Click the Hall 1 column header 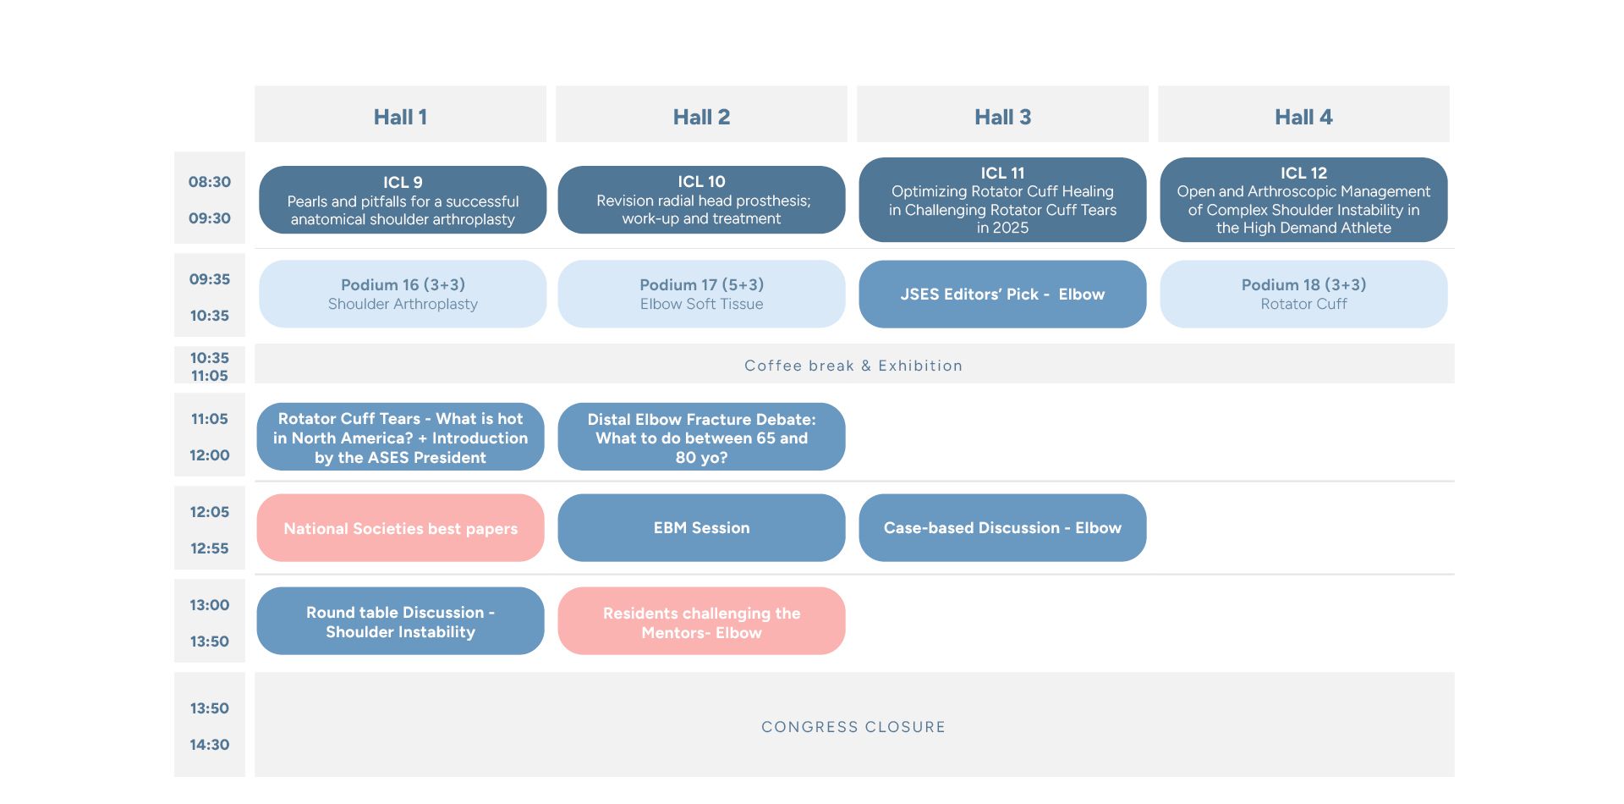point(400,114)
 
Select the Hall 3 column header point(1002,114)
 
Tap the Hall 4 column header point(1303,114)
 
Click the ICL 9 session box point(403,200)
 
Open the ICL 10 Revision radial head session point(701,200)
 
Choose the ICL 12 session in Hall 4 point(1303,200)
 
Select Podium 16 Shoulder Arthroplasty point(403,294)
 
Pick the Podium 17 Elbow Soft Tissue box point(701,294)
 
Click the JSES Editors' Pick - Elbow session point(1002,294)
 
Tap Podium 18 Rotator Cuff point(1303,294)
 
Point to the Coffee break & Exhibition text point(853,366)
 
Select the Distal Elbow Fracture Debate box point(701,437)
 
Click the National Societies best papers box point(400,528)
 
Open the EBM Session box point(701,528)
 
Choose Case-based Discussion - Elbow point(1002,528)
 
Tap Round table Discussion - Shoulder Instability point(400,621)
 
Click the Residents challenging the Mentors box point(701,621)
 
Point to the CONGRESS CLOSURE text point(853,727)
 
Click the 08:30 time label point(210,182)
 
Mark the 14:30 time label point(210,745)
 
